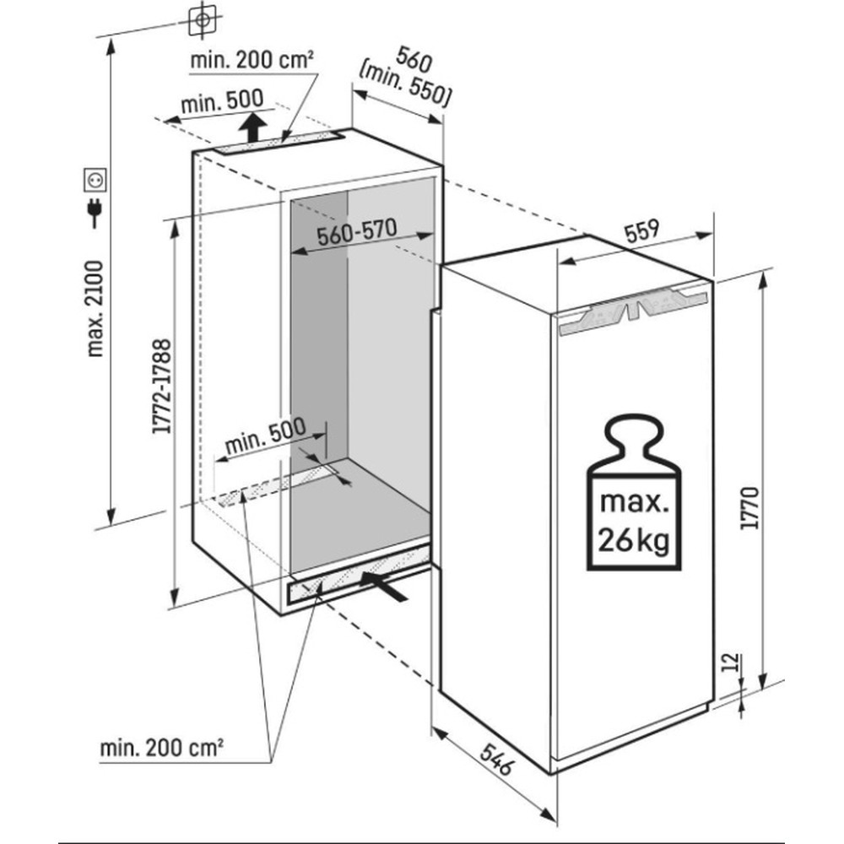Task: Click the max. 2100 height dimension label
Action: tap(95, 308)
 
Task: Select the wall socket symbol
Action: tap(95, 180)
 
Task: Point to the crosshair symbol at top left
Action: tap(202, 18)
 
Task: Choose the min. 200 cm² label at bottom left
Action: tap(161, 747)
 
